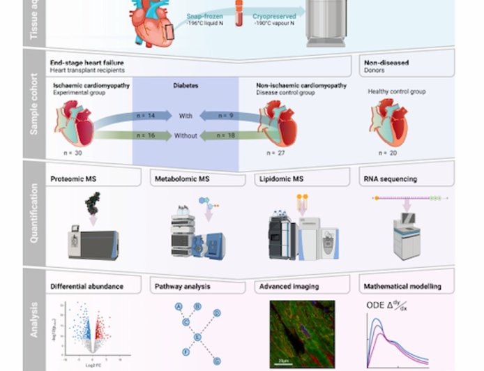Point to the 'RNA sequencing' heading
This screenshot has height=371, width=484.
click(391, 179)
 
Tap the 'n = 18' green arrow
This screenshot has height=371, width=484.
click(225, 135)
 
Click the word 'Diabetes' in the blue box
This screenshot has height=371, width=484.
click(186, 86)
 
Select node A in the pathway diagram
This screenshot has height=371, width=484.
click(179, 307)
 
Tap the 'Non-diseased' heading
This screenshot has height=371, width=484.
click(386, 63)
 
